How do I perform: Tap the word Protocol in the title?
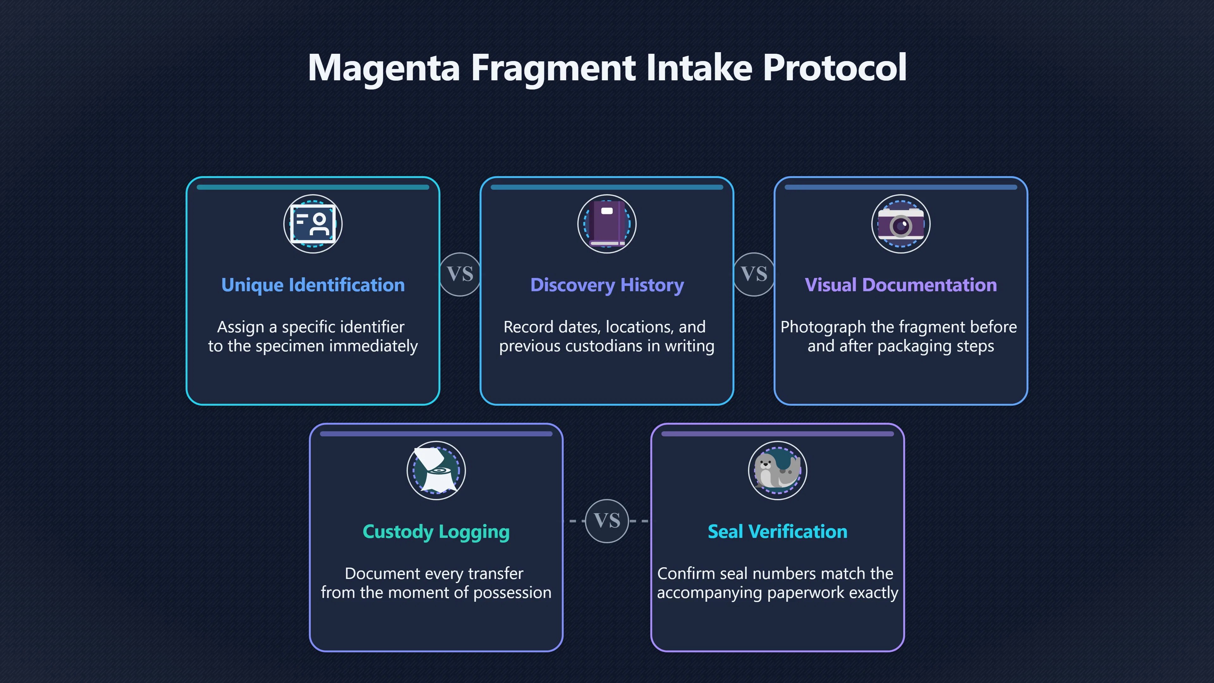(835, 67)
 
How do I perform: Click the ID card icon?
(313, 224)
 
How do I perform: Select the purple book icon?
(607, 224)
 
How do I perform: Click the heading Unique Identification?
(313, 286)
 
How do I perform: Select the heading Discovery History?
(607, 286)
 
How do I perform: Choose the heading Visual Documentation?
(901, 285)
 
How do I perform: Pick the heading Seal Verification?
(778, 532)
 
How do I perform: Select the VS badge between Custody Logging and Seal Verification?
(607, 521)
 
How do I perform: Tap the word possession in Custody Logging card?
(512, 593)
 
